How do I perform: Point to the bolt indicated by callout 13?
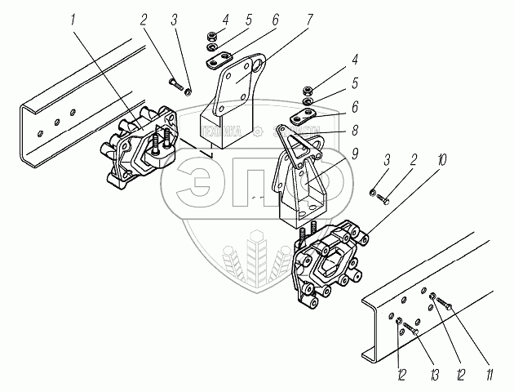pyautogui.click(x=410, y=328)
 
